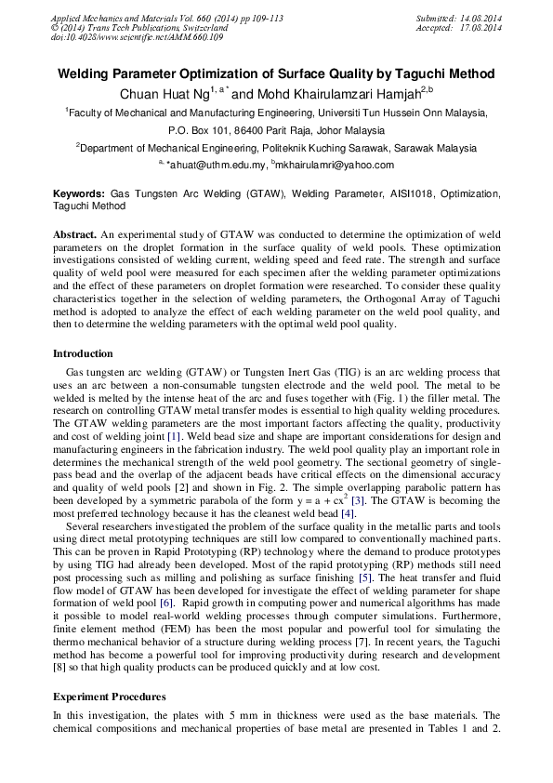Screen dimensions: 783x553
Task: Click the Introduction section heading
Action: (83, 353)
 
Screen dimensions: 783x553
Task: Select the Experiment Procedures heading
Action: (110, 697)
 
